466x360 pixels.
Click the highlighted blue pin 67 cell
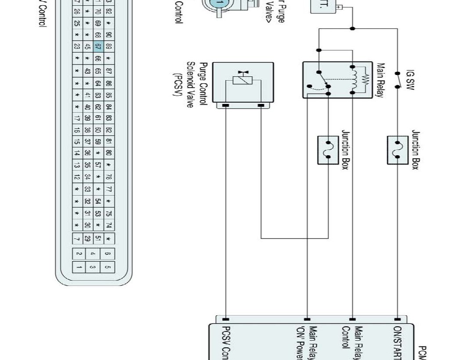coord(98,46)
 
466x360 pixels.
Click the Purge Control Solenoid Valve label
coord(191,83)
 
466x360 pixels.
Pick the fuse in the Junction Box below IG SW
coord(398,150)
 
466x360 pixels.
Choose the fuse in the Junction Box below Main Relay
coord(328,150)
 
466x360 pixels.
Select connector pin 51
coord(98,239)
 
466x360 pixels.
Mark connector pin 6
coord(108,253)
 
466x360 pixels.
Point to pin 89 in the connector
coord(109,46)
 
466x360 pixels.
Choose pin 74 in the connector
coord(109,225)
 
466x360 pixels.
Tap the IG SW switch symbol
coord(398,80)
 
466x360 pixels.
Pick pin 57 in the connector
coord(98,165)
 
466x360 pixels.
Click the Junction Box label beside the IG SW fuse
coord(416,150)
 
